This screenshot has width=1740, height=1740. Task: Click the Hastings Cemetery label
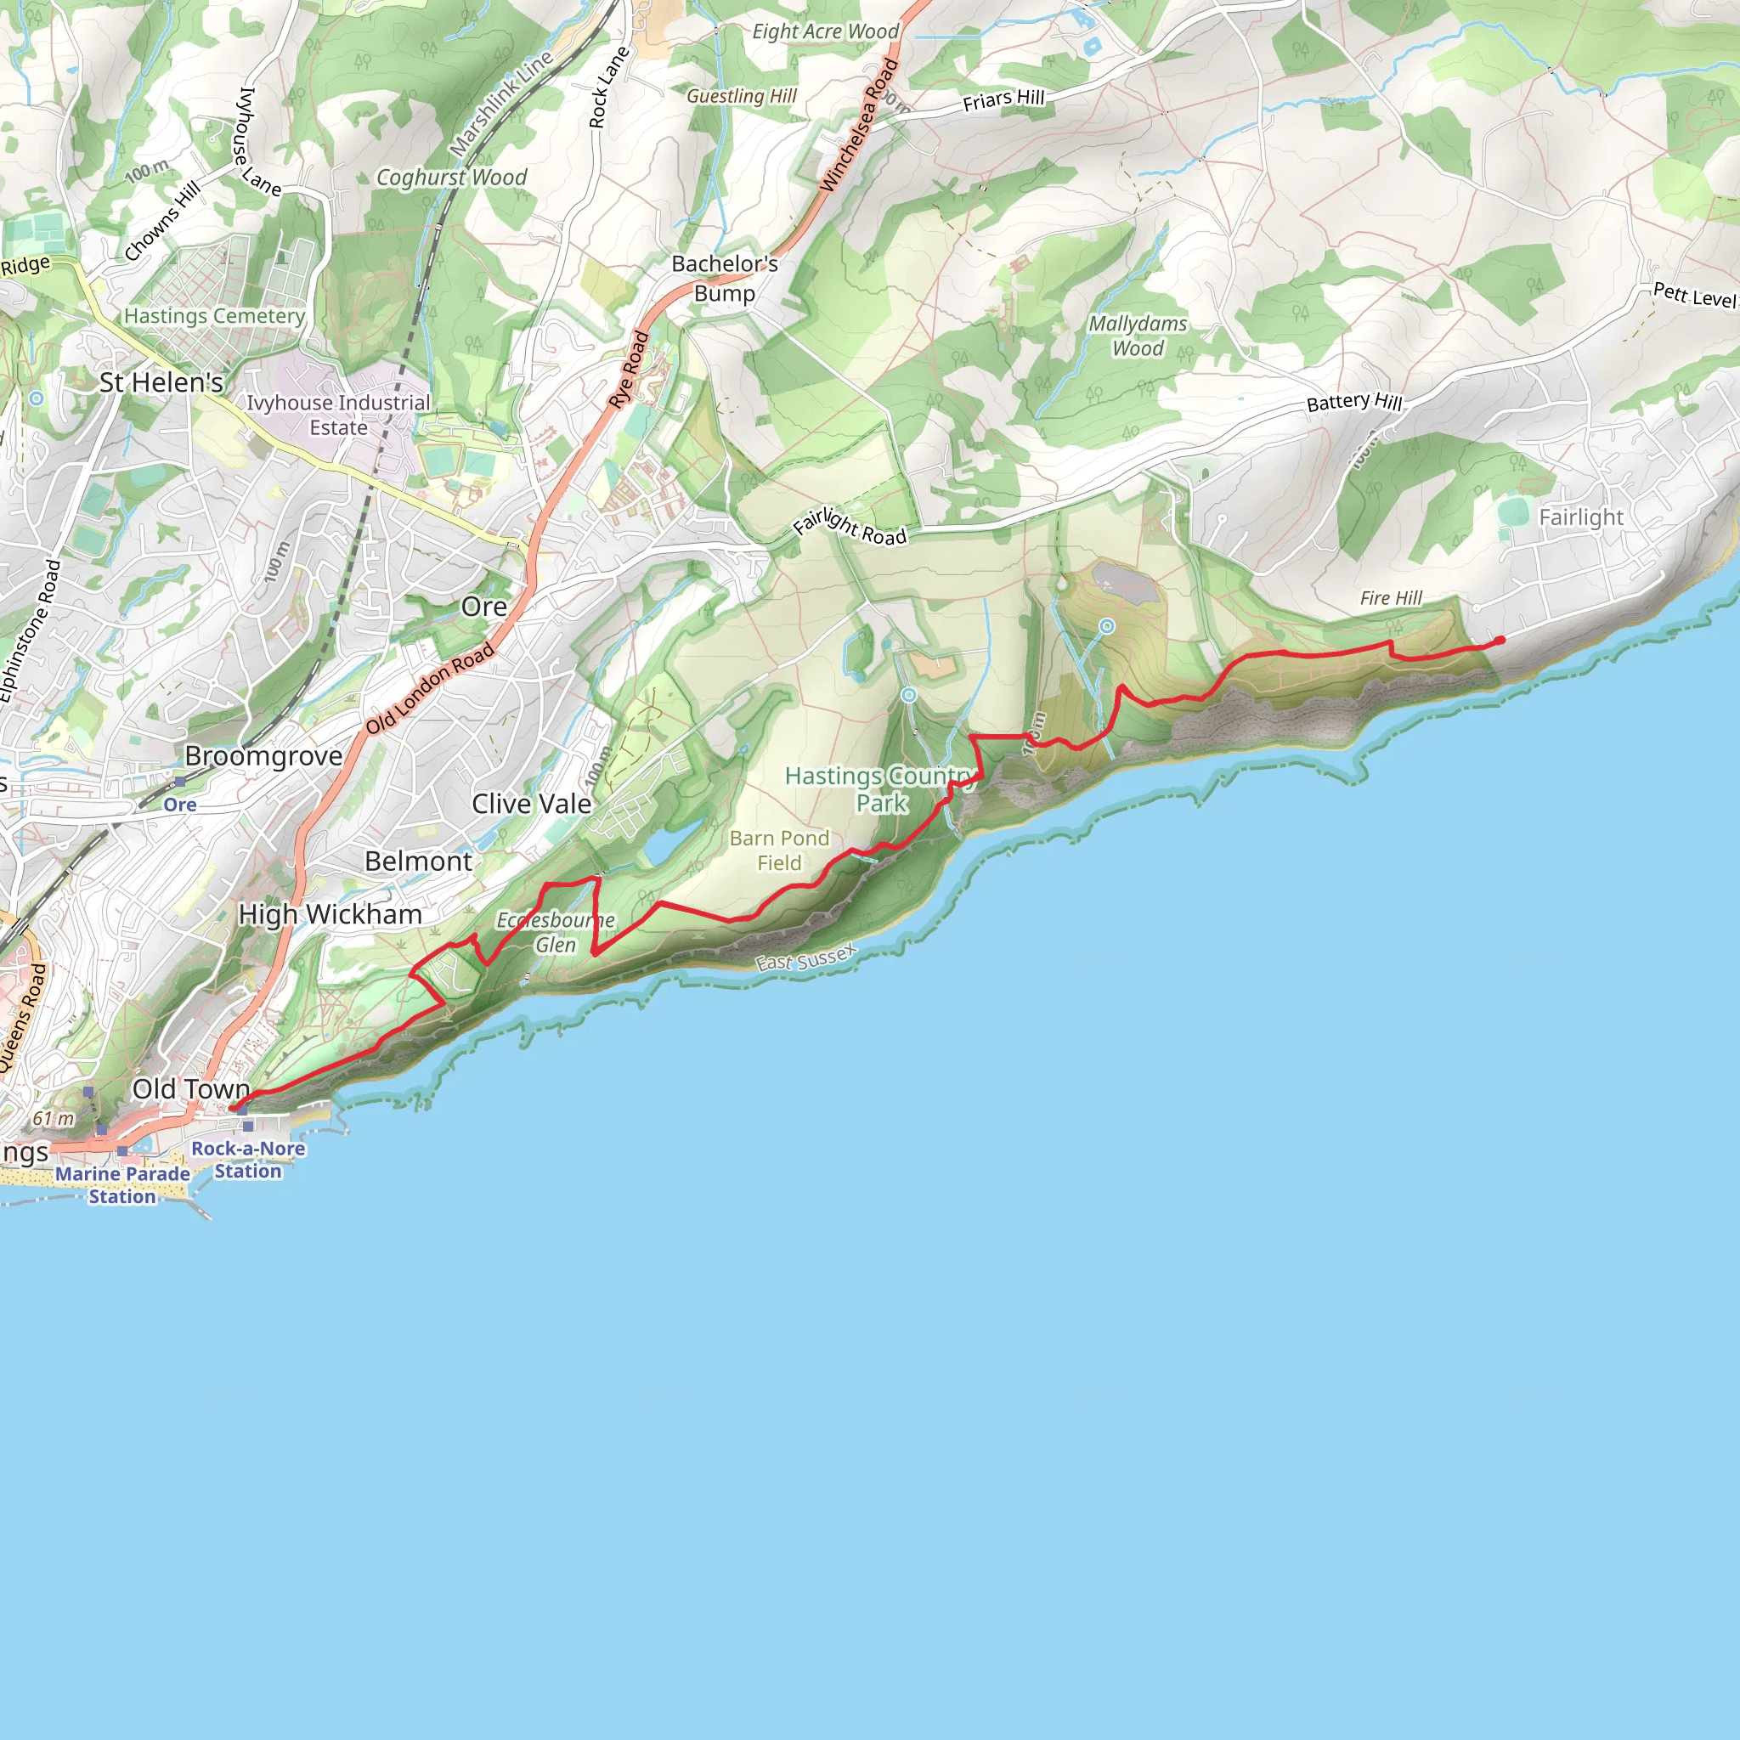(214, 316)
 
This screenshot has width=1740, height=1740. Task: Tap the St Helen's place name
(161, 383)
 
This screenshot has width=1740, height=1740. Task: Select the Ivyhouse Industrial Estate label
(339, 415)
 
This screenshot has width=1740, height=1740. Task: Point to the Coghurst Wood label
(451, 178)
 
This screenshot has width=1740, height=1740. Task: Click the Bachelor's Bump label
(725, 279)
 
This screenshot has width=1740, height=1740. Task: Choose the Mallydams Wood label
(1138, 336)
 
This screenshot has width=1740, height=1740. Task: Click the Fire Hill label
(1391, 598)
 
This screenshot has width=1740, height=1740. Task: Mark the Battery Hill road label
(1353, 402)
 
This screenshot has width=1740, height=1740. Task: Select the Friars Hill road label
(1003, 100)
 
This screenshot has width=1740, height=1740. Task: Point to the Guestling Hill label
(741, 95)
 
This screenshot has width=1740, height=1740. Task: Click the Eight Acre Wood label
(825, 31)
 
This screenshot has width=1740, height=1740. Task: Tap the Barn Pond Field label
(779, 850)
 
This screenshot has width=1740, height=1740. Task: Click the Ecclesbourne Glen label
(556, 932)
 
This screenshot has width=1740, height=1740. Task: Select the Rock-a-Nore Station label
(248, 1160)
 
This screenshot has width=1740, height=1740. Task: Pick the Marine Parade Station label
(122, 1185)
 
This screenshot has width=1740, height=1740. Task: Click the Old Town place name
(190, 1089)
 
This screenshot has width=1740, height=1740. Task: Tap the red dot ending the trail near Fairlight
(1500, 641)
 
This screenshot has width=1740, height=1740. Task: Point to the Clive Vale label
(531, 804)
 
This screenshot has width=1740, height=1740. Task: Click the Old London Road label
(430, 688)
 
